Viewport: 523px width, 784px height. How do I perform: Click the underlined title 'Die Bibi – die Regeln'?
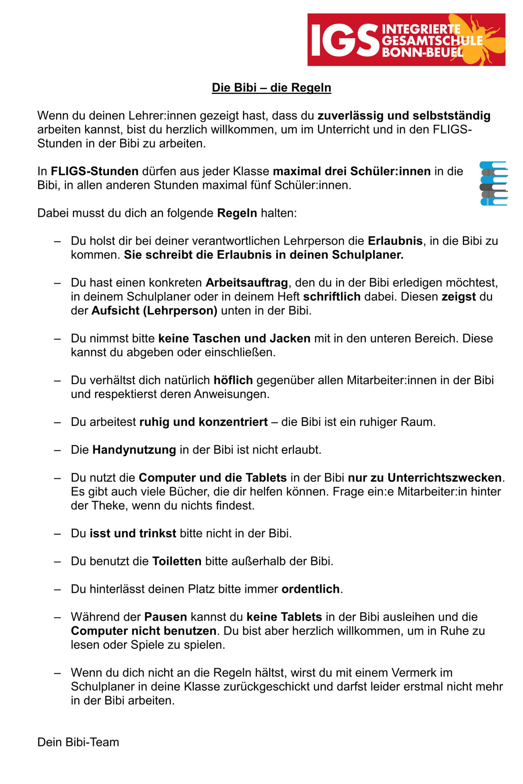(x=271, y=88)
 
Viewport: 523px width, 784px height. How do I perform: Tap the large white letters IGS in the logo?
(x=344, y=40)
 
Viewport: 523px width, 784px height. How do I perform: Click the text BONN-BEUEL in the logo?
(x=422, y=52)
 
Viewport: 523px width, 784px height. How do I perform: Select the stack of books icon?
(x=494, y=183)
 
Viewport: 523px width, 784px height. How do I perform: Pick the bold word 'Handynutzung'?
(x=134, y=450)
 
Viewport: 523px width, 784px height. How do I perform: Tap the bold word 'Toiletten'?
(x=177, y=561)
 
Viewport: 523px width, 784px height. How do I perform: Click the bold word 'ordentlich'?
(x=311, y=589)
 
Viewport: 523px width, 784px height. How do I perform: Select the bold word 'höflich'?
(x=233, y=380)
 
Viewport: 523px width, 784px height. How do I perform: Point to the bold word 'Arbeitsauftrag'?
(x=247, y=283)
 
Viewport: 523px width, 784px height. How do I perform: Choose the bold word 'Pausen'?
(x=165, y=617)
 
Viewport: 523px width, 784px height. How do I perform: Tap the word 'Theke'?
(x=108, y=506)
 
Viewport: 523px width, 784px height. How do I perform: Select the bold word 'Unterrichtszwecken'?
(x=445, y=477)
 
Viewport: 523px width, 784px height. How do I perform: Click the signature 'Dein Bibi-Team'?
(x=78, y=742)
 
